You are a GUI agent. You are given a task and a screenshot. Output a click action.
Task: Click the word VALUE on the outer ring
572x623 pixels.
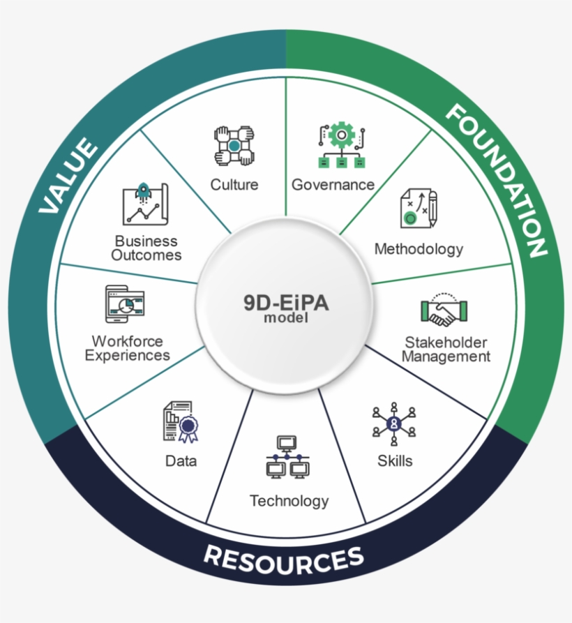point(68,176)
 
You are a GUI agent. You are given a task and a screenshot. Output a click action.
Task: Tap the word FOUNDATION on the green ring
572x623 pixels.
point(496,180)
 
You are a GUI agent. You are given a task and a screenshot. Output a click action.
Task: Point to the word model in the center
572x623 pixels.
point(285,319)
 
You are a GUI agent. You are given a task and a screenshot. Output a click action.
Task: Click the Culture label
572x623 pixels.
point(234,185)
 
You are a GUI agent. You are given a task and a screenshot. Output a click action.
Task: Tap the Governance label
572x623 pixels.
point(333,185)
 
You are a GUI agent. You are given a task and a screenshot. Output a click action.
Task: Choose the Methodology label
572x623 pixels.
point(419,248)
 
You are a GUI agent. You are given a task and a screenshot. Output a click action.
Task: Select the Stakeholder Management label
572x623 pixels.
point(446,350)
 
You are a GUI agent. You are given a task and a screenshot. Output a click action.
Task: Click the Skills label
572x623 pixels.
point(395,460)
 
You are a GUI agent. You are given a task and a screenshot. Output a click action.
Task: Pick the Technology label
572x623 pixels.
point(289,501)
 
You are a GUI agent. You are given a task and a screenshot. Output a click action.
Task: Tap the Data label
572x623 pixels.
point(181,460)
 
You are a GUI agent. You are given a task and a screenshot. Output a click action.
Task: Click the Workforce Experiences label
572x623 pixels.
point(127,348)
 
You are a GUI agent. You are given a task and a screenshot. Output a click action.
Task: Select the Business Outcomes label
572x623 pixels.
point(147,248)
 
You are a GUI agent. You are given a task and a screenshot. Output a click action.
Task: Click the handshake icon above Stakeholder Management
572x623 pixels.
point(444,311)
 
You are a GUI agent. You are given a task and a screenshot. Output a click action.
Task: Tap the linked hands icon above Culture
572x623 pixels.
point(235,145)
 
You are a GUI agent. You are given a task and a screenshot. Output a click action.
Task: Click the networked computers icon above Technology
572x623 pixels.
point(287,458)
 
